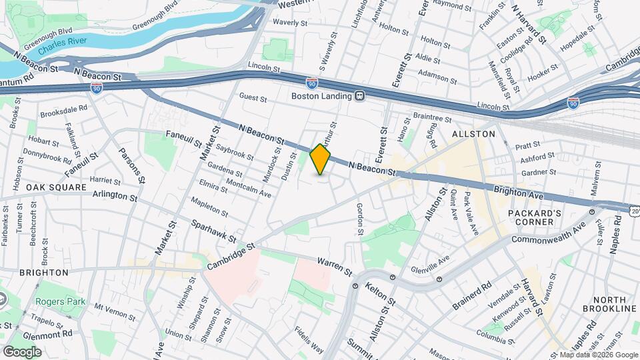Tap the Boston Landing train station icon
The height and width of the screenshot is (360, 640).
point(359,96)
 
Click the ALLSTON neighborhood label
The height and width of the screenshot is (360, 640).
point(474,134)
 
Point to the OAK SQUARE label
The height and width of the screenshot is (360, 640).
point(56,187)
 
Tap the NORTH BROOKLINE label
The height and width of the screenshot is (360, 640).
point(605,304)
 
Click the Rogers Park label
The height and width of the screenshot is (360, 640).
point(61,301)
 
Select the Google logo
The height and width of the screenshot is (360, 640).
point(21,351)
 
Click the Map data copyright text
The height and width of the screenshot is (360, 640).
point(598,355)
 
